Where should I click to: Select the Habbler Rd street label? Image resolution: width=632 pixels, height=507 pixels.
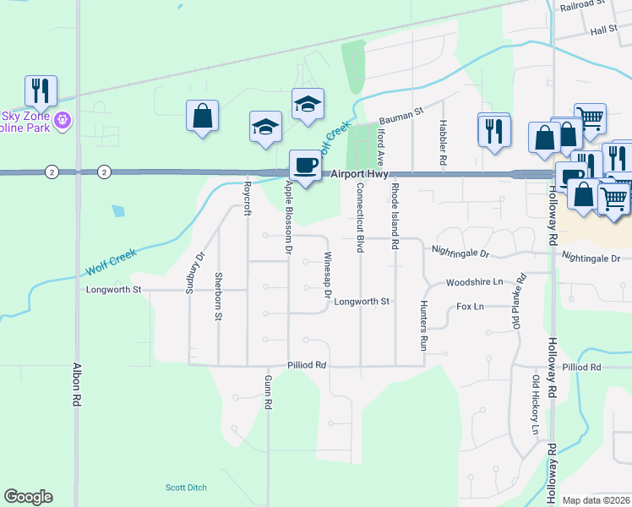[442, 142]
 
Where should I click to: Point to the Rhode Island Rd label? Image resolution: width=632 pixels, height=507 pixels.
[394, 218]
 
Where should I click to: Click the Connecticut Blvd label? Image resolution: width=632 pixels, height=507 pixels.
[360, 218]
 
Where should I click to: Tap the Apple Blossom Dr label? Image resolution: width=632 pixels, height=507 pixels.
[288, 218]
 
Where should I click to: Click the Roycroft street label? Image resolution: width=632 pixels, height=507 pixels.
[248, 198]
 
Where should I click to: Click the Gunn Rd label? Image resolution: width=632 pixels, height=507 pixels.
[267, 393]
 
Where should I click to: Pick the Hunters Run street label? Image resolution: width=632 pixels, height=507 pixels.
[422, 325]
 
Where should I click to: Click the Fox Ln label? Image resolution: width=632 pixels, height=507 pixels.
[470, 307]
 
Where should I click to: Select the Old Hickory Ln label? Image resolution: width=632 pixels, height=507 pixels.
[534, 412]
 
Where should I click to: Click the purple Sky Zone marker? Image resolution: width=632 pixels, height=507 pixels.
[61, 122]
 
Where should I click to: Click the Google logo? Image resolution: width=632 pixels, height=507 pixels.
[29, 497]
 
